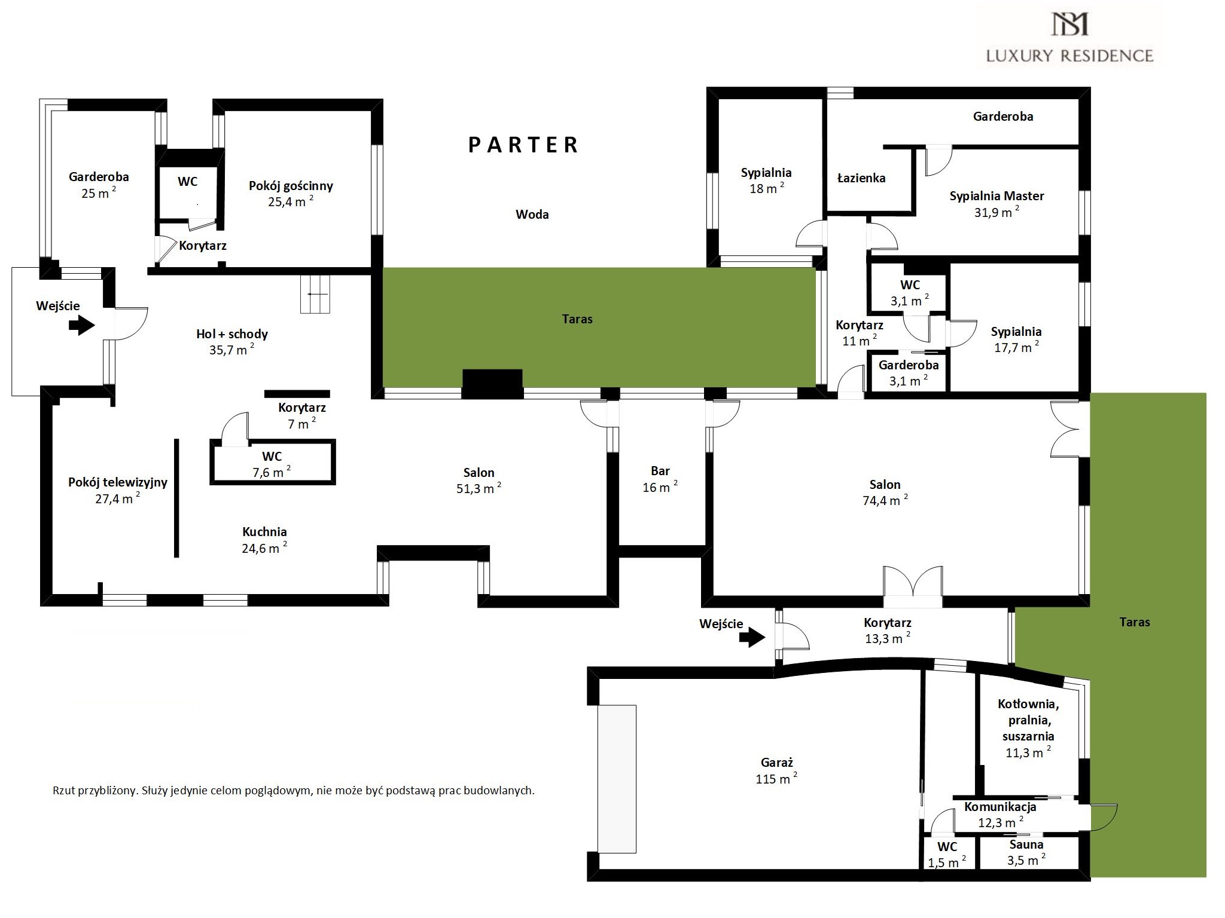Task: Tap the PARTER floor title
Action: coord(523,145)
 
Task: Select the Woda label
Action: coord(532,214)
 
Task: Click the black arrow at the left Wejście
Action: coord(82,326)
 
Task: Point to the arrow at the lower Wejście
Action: coord(752,638)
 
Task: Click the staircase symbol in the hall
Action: coord(315,294)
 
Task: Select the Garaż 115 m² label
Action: coord(776,771)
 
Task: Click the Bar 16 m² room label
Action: coord(660,479)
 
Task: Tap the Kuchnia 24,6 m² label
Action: coord(264,540)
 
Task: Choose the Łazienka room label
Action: coord(861,178)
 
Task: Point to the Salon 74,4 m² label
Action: coord(885,492)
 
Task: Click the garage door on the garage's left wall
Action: coord(617,779)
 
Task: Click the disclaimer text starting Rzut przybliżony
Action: coord(294,791)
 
